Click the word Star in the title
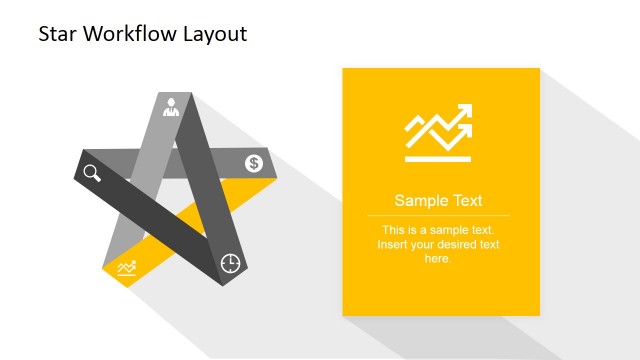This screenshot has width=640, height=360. [x=58, y=34]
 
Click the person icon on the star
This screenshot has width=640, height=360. [x=171, y=103]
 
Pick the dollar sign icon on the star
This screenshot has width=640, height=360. [x=254, y=163]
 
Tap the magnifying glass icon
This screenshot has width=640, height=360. [x=92, y=173]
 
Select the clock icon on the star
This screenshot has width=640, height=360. [x=230, y=262]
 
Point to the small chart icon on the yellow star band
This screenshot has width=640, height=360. [x=127, y=267]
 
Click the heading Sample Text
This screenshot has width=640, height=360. [x=438, y=200]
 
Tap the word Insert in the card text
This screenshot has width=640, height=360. [x=394, y=245]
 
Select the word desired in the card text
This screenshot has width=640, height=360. [x=454, y=245]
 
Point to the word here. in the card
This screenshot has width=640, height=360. [x=438, y=259]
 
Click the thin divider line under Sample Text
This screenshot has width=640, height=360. [x=438, y=215]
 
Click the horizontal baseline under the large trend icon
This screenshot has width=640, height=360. [x=438, y=158]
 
